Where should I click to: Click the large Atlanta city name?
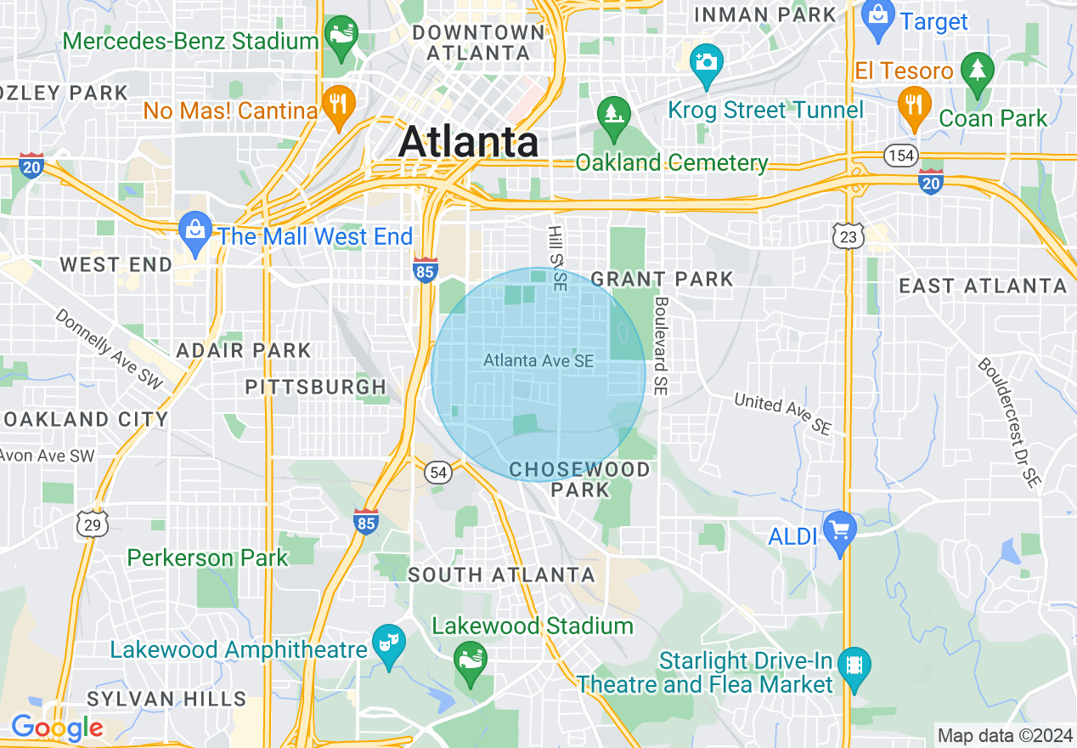tap(468, 140)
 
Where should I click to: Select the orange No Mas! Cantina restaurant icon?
tap(338, 104)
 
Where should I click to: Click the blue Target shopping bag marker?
tap(878, 14)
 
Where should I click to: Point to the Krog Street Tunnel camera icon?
tap(706, 62)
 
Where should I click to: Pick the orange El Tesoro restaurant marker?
tap(913, 104)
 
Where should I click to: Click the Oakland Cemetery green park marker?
tap(611, 112)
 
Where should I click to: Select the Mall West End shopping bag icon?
tap(196, 229)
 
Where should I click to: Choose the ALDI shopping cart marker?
tap(839, 530)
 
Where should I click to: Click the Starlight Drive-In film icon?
tap(853, 661)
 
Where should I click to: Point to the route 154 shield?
tap(899, 155)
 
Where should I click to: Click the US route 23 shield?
tap(849, 236)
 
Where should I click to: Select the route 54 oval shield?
tap(438, 473)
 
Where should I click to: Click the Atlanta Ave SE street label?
tap(538, 361)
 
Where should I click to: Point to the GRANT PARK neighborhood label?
tap(662, 279)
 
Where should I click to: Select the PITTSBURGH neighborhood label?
tap(316, 388)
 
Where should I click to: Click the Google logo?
tap(57, 728)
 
